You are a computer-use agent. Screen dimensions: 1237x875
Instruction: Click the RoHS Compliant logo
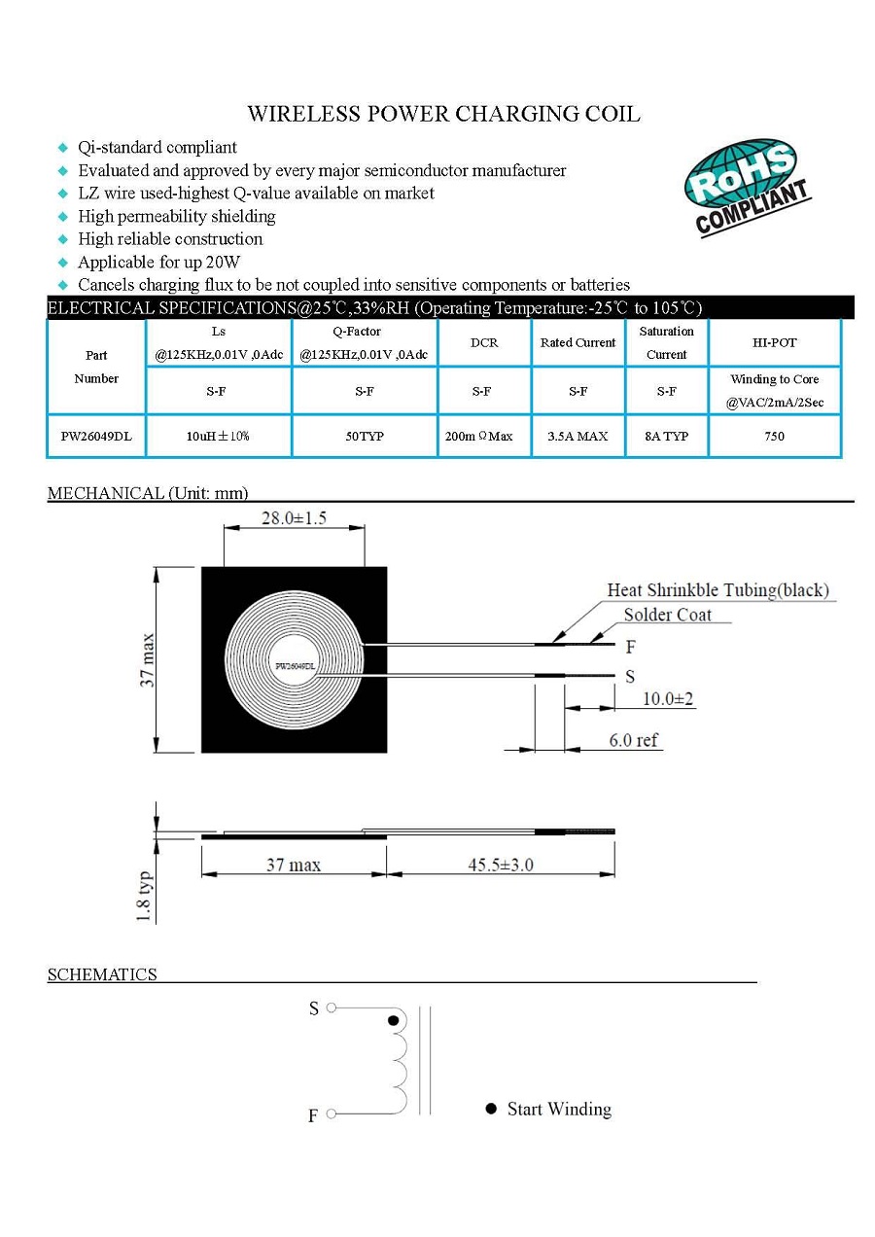[x=747, y=187]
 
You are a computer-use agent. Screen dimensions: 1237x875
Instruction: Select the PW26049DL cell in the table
[x=96, y=437]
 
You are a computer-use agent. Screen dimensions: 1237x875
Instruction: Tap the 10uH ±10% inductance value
[x=218, y=437]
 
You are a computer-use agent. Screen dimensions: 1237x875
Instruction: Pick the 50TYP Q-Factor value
[x=365, y=437]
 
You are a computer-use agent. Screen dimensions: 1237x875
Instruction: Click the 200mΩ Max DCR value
[x=479, y=437]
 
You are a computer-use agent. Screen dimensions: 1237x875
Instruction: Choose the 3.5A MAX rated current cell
[x=577, y=437]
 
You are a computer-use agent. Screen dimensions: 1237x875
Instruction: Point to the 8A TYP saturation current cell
[x=666, y=437]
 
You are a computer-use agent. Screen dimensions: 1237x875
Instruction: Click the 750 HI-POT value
[x=774, y=437]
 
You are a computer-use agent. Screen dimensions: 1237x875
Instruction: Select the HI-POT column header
[x=774, y=342]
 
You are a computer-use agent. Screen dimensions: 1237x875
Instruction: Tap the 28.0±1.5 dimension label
[x=294, y=518]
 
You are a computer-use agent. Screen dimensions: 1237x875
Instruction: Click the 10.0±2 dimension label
[x=668, y=699]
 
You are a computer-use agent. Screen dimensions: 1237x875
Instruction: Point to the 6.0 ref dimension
[x=633, y=741]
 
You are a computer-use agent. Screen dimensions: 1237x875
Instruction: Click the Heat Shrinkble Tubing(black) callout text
[x=717, y=590]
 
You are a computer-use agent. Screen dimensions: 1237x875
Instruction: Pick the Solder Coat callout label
[x=667, y=615]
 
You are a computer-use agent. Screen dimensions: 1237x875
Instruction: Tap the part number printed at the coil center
[x=296, y=666]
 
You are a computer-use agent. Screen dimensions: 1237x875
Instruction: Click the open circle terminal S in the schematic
[x=331, y=1008]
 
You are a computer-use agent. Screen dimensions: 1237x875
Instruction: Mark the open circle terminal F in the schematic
[x=331, y=1113]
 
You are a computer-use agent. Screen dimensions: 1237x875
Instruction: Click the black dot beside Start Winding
[x=491, y=1110]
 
